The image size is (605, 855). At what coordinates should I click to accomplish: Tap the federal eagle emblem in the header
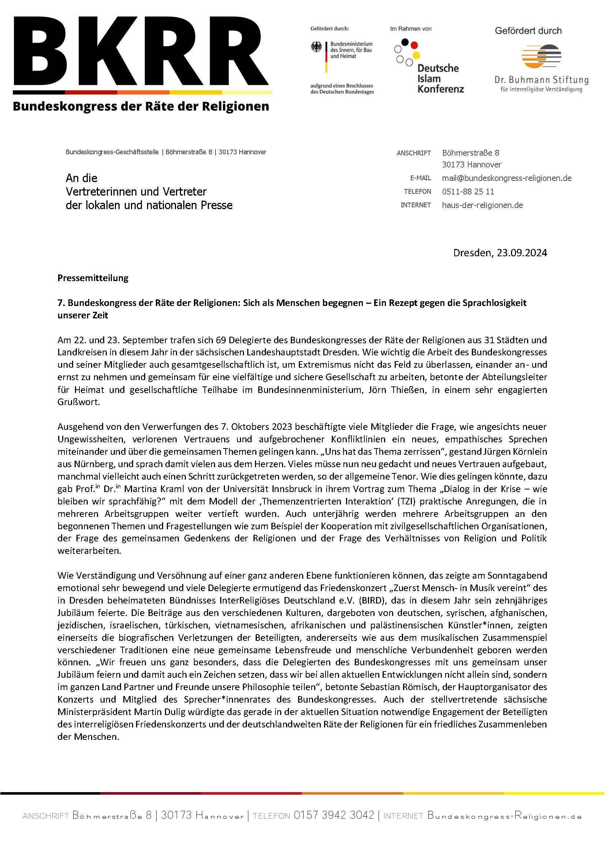(316, 47)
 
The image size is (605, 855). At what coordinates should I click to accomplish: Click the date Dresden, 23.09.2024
(500, 253)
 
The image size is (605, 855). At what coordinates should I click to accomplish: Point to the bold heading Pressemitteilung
(93, 278)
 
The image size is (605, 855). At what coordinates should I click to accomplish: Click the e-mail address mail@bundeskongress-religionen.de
(506, 178)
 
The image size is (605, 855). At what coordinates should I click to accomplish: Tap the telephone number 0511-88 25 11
(468, 192)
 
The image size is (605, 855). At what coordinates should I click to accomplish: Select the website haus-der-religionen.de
(482, 205)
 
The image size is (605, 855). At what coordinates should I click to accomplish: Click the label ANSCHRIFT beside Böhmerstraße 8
(414, 153)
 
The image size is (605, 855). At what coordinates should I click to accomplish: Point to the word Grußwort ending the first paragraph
(78, 402)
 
